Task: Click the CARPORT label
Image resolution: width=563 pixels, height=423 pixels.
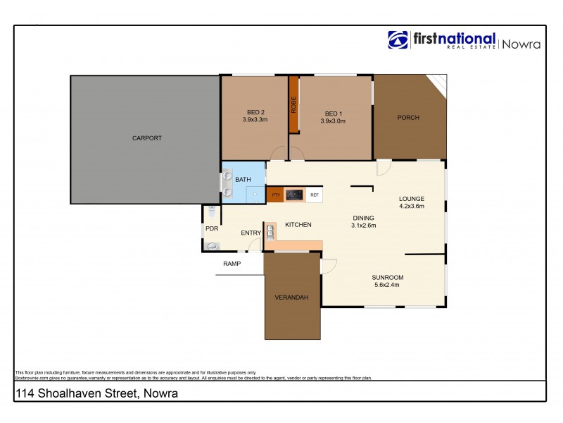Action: point(146,138)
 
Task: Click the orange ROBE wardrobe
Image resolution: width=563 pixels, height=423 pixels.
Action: point(293,104)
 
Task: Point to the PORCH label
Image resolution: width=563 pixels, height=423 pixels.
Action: point(408,118)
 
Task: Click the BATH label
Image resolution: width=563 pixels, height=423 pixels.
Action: point(243,180)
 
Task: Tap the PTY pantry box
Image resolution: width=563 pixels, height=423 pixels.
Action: point(275,195)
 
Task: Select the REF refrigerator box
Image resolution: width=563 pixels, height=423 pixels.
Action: point(315,195)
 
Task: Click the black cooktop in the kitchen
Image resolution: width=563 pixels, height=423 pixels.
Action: point(294,195)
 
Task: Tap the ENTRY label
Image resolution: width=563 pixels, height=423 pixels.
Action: point(251,233)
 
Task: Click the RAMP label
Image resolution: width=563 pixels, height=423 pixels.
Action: point(232,264)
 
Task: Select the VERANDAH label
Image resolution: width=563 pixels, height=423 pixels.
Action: point(291,298)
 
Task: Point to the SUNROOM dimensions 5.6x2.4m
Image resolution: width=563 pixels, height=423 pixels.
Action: point(386,286)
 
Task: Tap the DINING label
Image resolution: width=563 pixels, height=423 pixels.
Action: point(364,218)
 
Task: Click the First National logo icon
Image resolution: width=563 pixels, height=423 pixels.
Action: point(398,41)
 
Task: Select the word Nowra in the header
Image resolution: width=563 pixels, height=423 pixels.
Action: point(521,43)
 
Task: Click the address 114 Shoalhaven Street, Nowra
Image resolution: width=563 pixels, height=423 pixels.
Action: point(96,393)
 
